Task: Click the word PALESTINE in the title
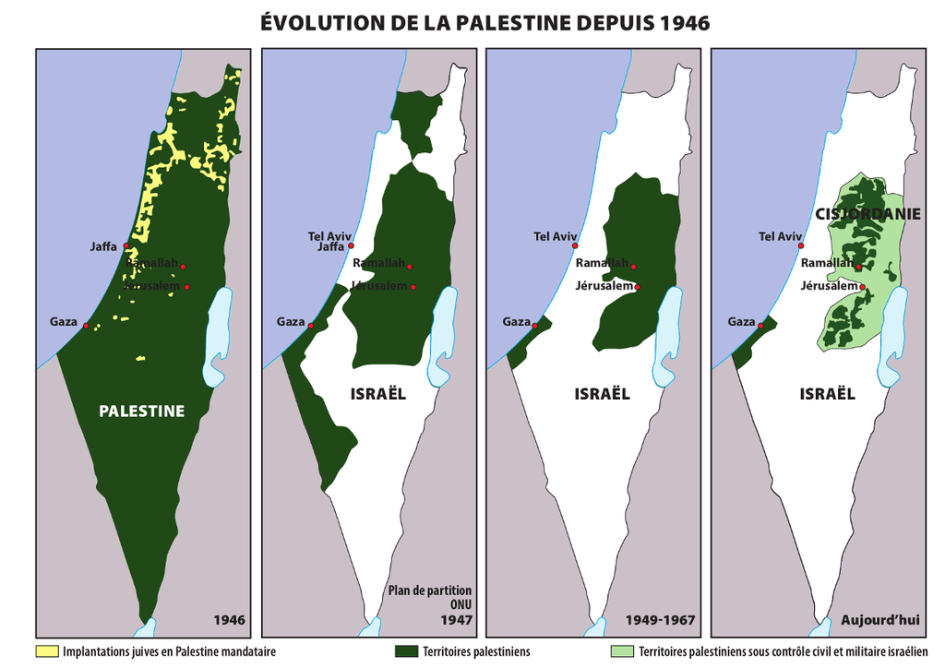click(502, 23)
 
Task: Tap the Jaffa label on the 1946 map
click(103, 246)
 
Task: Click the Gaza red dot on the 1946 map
click(86, 326)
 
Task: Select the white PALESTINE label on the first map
click(142, 412)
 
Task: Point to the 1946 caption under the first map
click(229, 620)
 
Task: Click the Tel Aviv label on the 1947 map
click(329, 236)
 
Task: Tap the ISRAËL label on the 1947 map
click(377, 394)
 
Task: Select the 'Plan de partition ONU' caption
click(429, 597)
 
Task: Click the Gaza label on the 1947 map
click(291, 322)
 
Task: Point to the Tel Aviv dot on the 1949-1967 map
click(576, 246)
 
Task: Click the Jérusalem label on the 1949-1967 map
click(604, 286)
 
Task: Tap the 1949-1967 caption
click(660, 620)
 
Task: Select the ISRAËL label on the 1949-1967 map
click(602, 394)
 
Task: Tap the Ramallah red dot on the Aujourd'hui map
click(859, 268)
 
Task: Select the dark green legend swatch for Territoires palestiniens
click(407, 651)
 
